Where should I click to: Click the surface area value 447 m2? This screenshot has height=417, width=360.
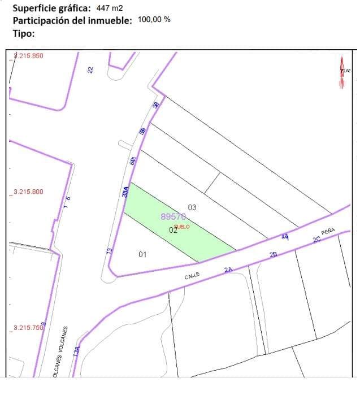click(110, 8)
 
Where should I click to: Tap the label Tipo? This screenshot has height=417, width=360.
click(23, 33)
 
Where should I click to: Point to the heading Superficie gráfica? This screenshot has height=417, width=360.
click(51, 8)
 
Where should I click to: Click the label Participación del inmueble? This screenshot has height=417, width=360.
click(72, 20)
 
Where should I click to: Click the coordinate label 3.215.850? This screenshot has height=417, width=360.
click(28, 55)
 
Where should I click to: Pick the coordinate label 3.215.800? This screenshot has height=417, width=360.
click(28, 192)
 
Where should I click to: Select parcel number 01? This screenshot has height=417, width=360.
click(142, 254)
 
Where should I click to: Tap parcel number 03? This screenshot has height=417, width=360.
click(192, 207)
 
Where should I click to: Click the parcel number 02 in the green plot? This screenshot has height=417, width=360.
click(173, 229)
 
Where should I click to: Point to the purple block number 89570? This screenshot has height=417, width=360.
click(174, 216)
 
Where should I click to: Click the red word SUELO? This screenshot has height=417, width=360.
click(183, 227)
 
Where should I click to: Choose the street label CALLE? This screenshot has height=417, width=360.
click(193, 276)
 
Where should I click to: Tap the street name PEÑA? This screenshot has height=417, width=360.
click(328, 231)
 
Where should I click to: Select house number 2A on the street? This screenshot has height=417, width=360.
click(228, 270)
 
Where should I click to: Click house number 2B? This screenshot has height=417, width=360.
click(274, 255)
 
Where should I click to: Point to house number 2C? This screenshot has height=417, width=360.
click(316, 240)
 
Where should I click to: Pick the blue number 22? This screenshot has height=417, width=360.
click(90, 69)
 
